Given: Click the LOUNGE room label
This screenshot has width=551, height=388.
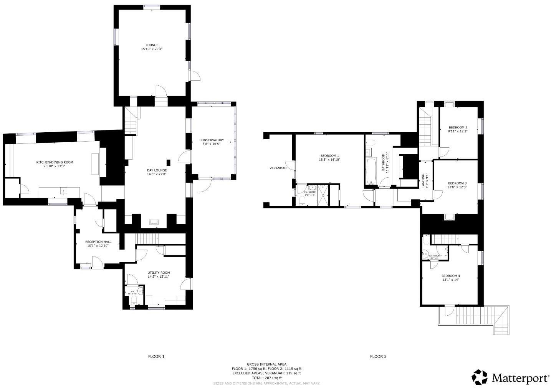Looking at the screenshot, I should pyautogui.click(x=152, y=45).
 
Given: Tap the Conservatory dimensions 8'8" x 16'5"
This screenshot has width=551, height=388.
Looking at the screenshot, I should pyautogui.click(x=211, y=144).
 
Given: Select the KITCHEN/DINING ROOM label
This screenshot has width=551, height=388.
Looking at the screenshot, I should pyautogui.click(x=55, y=162).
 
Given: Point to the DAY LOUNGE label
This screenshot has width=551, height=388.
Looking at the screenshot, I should pyautogui.click(x=157, y=170).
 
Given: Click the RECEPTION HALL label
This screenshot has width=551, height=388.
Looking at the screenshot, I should pyautogui.click(x=98, y=241).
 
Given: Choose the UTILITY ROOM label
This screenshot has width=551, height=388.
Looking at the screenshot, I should pyautogui.click(x=159, y=273).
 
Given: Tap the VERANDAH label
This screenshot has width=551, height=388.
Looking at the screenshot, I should pyautogui.click(x=277, y=168).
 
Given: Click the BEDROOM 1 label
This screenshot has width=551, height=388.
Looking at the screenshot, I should pyautogui.click(x=329, y=155).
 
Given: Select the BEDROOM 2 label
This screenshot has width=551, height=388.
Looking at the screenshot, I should pyautogui.click(x=458, y=127).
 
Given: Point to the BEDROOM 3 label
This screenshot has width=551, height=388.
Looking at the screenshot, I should pyautogui.click(x=457, y=183).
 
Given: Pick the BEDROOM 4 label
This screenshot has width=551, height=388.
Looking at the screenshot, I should pyautogui.click(x=450, y=276).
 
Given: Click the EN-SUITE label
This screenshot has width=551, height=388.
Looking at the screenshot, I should pyautogui.click(x=309, y=192).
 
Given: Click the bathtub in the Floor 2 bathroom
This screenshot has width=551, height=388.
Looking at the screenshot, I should pyautogui.click(x=371, y=172).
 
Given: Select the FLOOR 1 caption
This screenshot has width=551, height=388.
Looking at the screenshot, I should pyautogui.click(x=156, y=356).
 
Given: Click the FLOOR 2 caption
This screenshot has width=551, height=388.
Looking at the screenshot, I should pyautogui.click(x=378, y=356).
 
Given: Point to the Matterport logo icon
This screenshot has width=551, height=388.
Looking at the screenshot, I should pyautogui.click(x=480, y=377).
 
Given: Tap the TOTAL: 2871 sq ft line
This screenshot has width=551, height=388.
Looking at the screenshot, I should pyautogui.click(x=266, y=378).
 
